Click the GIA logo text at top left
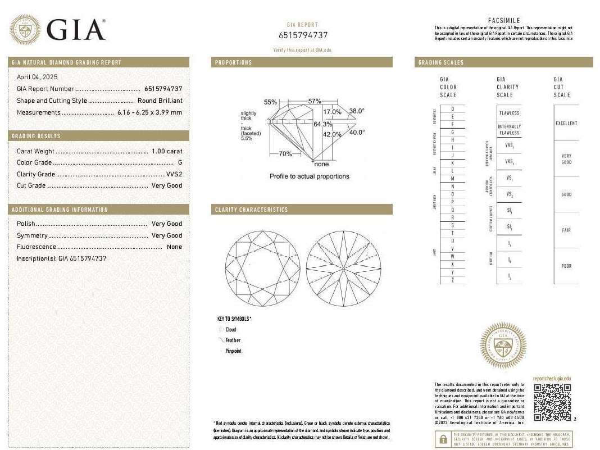pyautogui.click(x=76, y=29)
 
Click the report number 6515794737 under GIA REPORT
pyautogui.click(x=303, y=35)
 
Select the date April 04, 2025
pyautogui.click(x=37, y=77)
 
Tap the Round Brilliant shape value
pyautogui.click(x=160, y=101)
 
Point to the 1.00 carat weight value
pyautogui.click(x=167, y=151)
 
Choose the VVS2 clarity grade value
pyautogui.click(x=174, y=174)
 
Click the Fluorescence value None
pyautogui.click(x=175, y=247)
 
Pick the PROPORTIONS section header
pyautogui.click(x=234, y=62)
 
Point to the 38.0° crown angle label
pyautogui.click(x=357, y=111)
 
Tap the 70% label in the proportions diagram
pyautogui.click(x=285, y=154)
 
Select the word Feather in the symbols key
pyautogui.click(x=233, y=340)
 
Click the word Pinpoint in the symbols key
pyautogui.click(x=233, y=351)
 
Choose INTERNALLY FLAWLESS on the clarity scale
pyautogui.click(x=510, y=130)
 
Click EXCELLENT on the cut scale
pyautogui.click(x=566, y=123)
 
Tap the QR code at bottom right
pyautogui.click(x=552, y=402)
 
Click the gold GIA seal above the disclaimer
pyautogui.click(x=503, y=345)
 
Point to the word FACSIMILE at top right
pyautogui.click(x=504, y=21)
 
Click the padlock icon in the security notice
pyautogui.click(x=444, y=439)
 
